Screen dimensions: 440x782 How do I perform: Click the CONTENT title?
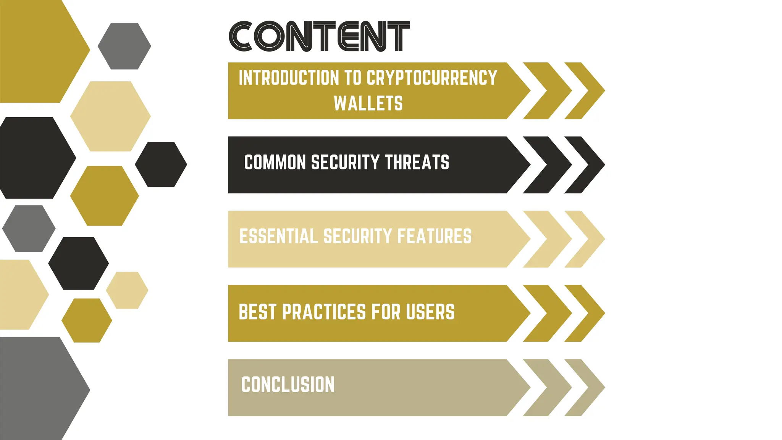click(x=319, y=36)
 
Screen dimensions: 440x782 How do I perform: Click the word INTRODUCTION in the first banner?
click(x=289, y=78)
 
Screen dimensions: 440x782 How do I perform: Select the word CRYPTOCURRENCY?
click(x=432, y=78)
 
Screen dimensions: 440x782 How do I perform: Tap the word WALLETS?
click(x=368, y=104)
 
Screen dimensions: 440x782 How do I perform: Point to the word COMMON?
click(x=275, y=162)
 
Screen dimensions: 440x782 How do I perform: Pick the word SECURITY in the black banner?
click(x=345, y=162)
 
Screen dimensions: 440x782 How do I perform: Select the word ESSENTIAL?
click(x=278, y=236)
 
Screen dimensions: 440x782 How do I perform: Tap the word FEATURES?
click(x=435, y=236)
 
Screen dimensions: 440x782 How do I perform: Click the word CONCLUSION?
click(x=288, y=385)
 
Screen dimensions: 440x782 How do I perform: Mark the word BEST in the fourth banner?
click(x=257, y=312)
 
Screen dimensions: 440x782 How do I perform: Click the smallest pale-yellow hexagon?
click(x=127, y=290)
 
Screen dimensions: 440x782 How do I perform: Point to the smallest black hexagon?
click(x=161, y=165)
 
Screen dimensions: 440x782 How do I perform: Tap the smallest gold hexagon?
click(x=87, y=320)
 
